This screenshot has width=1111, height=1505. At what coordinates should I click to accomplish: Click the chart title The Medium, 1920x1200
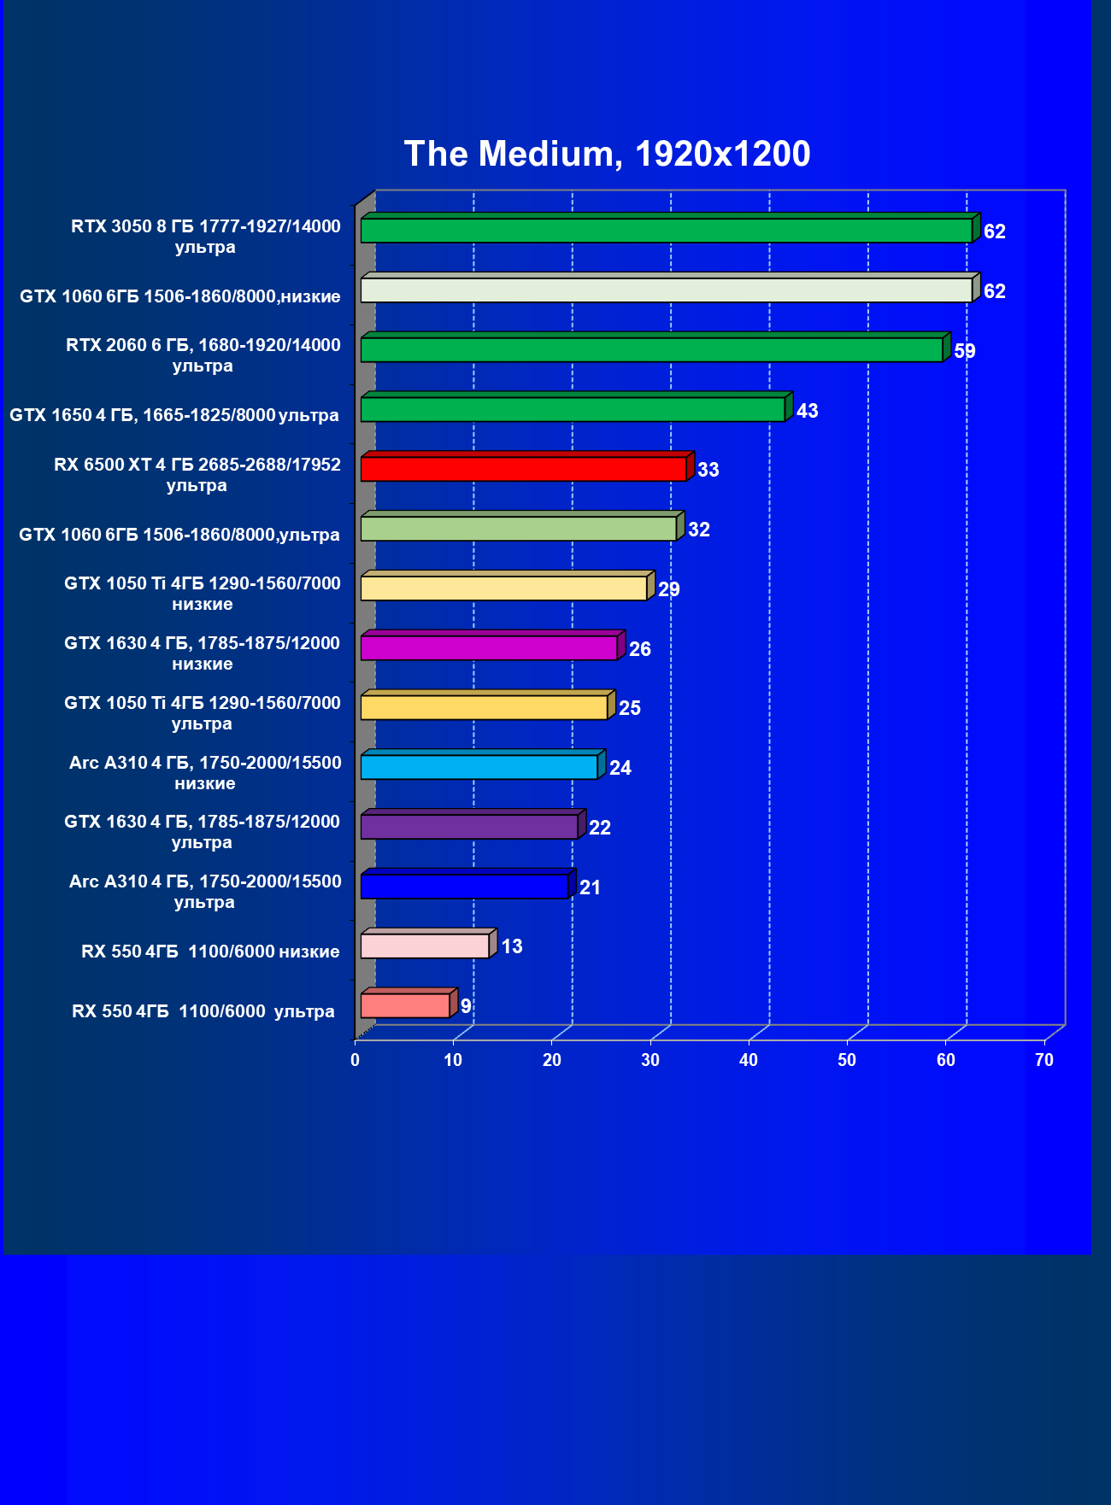[x=607, y=154]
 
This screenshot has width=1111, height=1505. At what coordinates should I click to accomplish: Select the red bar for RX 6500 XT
[x=523, y=469]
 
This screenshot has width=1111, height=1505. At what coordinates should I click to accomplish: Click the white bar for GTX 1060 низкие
[x=666, y=290]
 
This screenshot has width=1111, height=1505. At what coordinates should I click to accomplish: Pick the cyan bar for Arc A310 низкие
[x=479, y=767]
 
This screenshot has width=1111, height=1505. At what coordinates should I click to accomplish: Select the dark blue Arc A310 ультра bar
[x=464, y=887]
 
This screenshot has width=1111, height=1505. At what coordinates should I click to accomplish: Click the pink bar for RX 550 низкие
[x=425, y=946]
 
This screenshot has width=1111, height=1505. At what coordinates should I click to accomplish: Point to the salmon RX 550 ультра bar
[x=405, y=1005]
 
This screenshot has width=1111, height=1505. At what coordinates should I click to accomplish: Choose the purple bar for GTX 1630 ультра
[x=469, y=827]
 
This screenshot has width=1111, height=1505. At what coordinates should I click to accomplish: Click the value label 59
[x=965, y=351]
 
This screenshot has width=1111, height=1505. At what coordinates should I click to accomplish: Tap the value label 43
[x=807, y=411]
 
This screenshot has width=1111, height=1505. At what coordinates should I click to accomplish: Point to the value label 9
[x=466, y=1006]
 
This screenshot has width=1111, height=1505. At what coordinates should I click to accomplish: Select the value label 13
[x=512, y=946]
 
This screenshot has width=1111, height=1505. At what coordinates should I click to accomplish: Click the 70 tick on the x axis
[x=1044, y=1060]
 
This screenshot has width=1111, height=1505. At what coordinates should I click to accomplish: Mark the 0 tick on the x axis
[x=356, y=1060]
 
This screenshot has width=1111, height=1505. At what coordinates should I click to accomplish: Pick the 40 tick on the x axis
[x=749, y=1060]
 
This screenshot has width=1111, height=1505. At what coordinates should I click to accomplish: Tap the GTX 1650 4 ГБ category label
[x=174, y=415]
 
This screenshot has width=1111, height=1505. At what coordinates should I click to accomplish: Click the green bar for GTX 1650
[x=573, y=409]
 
